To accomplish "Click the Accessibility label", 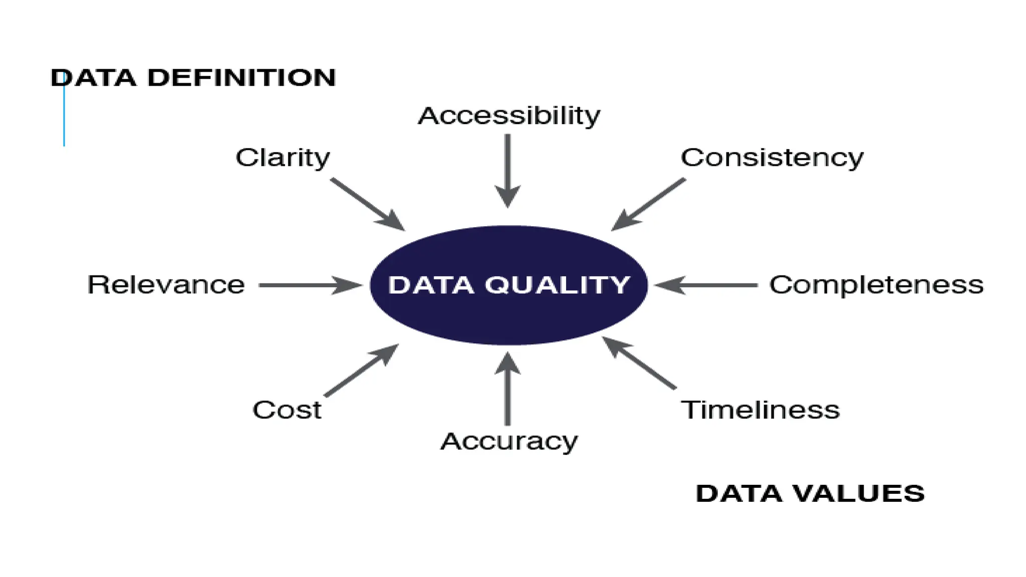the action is point(509,116).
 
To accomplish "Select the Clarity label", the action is point(283,158).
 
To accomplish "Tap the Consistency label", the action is point(772,158).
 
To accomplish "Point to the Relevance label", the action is point(166,284).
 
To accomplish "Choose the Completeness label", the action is point(876,284).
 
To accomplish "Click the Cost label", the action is point(287,410).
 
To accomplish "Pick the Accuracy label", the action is point(509,442).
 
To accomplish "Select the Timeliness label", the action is point(760,410).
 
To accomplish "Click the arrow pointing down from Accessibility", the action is point(507,170).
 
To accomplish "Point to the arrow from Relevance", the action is point(311,285).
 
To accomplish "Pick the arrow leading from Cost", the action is point(362,370).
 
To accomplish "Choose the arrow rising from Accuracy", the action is point(507,388).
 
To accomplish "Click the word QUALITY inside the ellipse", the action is point(557,284).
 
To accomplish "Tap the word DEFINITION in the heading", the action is point(241,78).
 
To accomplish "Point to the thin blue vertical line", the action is point(64,120).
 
